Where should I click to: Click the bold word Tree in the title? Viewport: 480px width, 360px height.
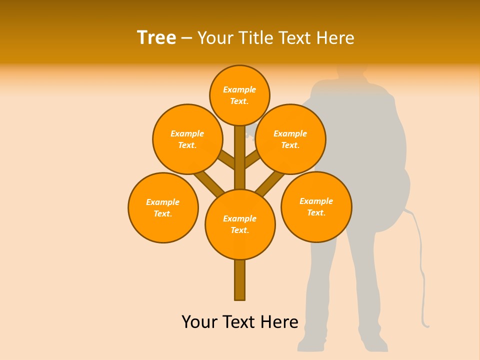(x=156, y=38)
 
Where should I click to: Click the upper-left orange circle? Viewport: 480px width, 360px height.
(x=187, y=139)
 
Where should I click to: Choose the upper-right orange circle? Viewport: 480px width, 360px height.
(x=290, y=139)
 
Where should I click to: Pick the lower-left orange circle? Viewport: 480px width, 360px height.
(x=163, y=207)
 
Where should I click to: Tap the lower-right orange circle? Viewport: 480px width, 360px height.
(x=316, y=206)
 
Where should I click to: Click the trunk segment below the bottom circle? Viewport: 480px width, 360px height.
(x=240, y=280)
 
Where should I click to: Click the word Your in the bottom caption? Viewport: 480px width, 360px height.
(x=199, y=321)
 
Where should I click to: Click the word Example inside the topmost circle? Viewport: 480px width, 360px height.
(x=239, y=90)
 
